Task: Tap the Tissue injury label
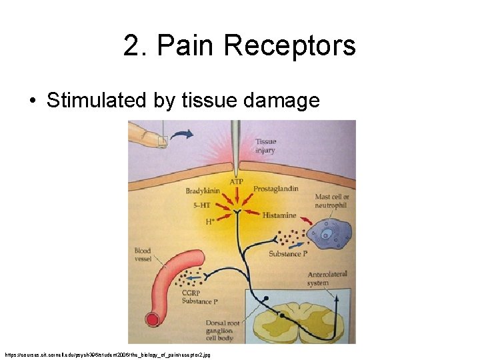tap(265, 146)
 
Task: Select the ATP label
tap(236, 181)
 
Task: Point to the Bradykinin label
tap(202, 191)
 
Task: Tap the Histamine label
tap(279, 216)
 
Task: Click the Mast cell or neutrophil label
tap(332, 201)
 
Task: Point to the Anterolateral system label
tap(327, 279)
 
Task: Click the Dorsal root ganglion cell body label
tap(220, 331)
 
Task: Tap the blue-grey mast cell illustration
tap(329, 235)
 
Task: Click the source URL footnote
tap(107, 355)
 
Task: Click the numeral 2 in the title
tap(131, 47)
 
